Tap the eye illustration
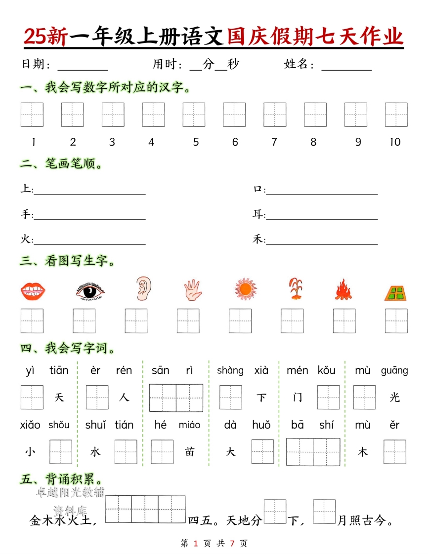coord(90,291)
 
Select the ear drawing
coord(144,289)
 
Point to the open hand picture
coord(193,290)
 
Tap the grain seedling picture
coord(296,289)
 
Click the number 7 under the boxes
coord(274,142)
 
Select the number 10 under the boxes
coord(395,142)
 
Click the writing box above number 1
coord(32,115)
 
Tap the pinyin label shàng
coord(230,370)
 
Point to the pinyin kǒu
coord(326,370)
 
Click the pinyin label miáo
coord(189,425)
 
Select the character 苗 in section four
coord(190,452)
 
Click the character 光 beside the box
coord(394,397)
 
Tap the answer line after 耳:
coord(322,217)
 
